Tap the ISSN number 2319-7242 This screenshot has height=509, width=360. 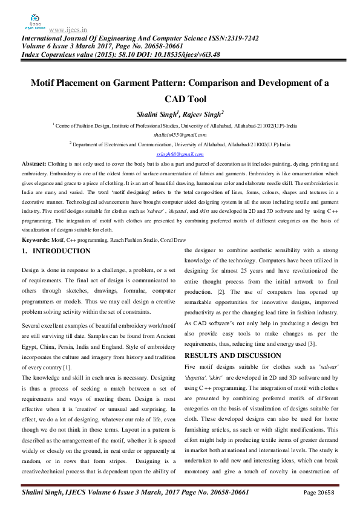235,37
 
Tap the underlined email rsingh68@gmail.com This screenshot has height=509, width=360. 180,154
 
